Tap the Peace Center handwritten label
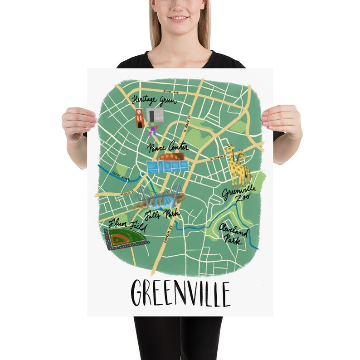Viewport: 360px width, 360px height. coord(168,148)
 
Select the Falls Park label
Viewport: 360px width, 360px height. coord(162,214)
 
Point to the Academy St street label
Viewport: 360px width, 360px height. coord(128,193)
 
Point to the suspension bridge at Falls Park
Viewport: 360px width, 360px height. coord(161,195)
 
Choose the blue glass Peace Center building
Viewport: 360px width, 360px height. coord(167,165)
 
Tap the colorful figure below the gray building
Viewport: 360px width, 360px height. coord(153,130)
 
